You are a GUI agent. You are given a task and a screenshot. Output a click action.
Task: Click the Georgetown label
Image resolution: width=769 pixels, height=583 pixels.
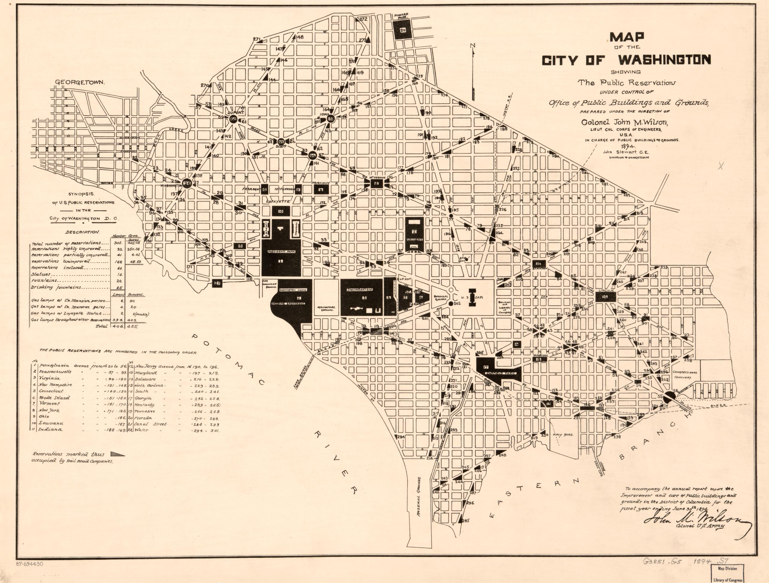(80, 82)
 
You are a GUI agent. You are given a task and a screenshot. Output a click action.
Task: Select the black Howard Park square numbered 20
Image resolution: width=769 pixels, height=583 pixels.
(403, 30)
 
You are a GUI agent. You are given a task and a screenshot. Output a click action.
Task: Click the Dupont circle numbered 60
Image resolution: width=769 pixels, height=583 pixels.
(233, 119)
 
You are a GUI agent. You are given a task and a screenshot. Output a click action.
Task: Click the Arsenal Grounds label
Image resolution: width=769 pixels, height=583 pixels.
(420, 492)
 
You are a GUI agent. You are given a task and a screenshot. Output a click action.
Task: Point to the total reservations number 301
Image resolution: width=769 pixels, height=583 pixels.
(117, 243)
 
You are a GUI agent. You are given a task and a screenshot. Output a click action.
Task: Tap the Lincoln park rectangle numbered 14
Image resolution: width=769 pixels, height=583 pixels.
(606, 296)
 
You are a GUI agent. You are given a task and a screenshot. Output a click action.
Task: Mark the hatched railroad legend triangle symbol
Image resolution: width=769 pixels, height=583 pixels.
(117, 454)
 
